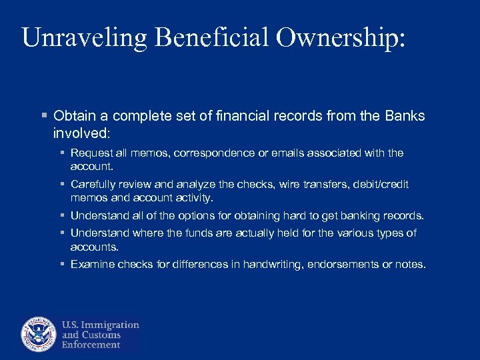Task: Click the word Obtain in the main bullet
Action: coord(74,116)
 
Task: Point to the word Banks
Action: coord(405,116)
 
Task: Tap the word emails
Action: coord(285,153)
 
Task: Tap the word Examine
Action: coord(93,265)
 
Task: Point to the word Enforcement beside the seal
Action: coord(91,345)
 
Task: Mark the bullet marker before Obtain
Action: coord(44,116)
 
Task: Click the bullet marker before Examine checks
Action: coord(62,265)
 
